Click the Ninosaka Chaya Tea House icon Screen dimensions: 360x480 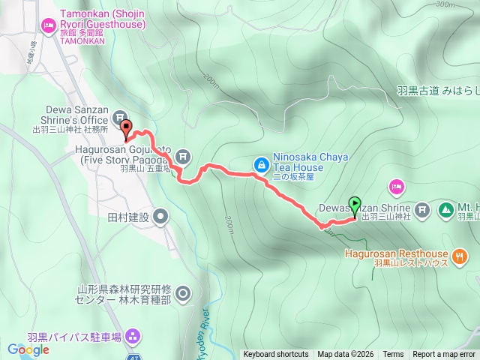260,163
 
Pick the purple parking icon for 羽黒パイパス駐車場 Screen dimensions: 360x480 133,334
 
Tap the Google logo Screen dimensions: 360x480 28,349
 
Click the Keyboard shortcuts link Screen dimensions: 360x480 276,355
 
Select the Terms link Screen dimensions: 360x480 393,355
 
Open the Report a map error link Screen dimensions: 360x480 444,355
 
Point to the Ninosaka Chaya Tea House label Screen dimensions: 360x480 298,163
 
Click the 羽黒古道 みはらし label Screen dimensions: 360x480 437,91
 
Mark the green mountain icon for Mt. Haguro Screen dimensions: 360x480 445,208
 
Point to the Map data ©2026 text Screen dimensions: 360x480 345,355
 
